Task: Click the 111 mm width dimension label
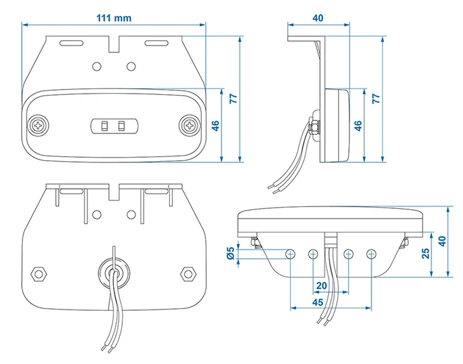click(113, 19)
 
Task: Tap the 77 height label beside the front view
click(233, 98)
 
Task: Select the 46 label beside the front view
click(215, 125)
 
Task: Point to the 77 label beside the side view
click(376, 98)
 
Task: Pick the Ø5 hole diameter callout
click(230, 253)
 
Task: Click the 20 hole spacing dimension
click(321, 286)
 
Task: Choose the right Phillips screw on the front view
click(189, 125)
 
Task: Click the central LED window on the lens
click(114, 125)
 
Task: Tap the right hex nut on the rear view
click(188, 273)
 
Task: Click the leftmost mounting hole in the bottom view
click(291, 253)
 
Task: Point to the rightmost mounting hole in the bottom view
click(371, 253)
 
